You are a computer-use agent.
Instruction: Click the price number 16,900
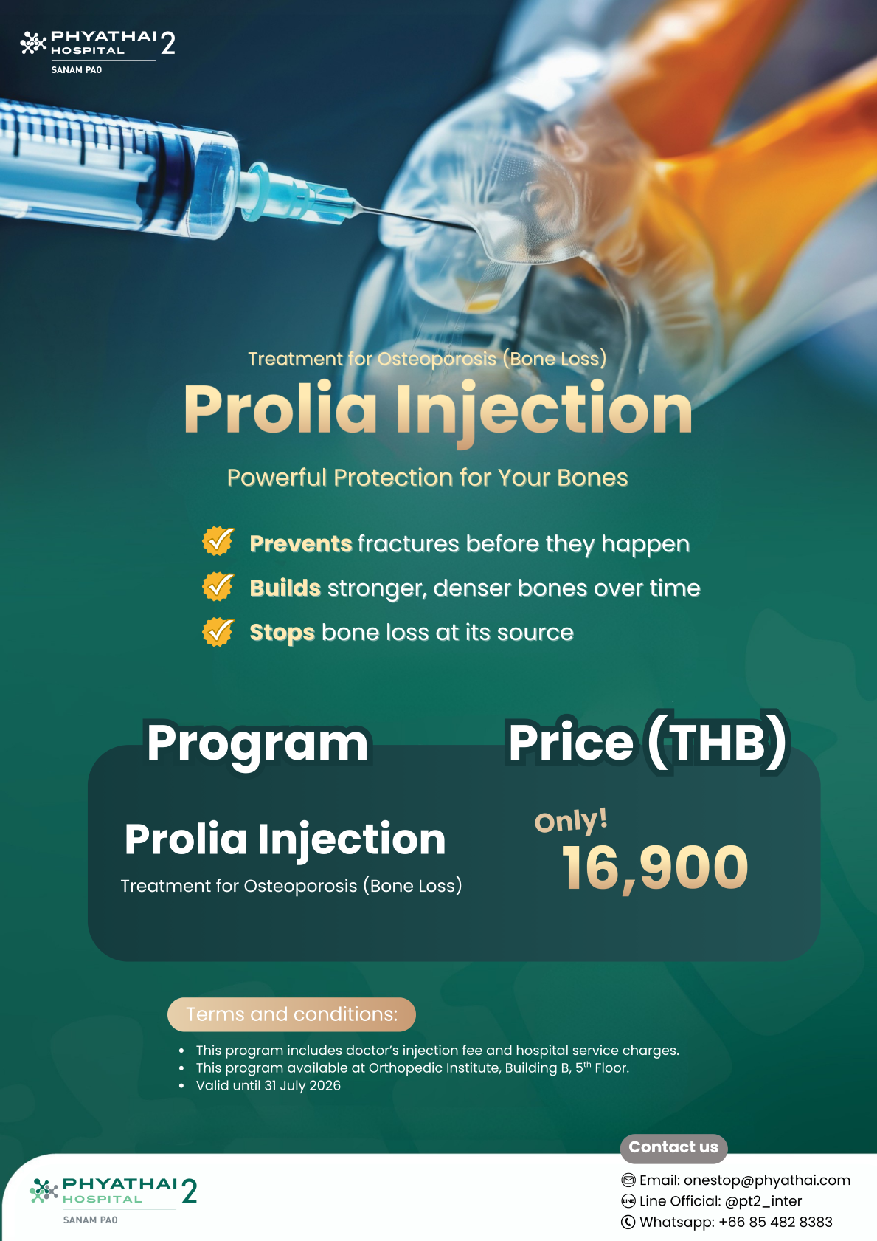(x=655, y=869)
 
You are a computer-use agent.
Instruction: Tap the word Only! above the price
(x=571, y=820)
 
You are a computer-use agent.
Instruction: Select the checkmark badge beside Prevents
(x=218, y=540)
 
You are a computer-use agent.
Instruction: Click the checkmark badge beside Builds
(x=218, y=586)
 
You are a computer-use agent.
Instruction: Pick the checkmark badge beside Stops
(x=218, y=632)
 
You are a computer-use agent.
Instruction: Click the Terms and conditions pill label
(x=292, y=1014)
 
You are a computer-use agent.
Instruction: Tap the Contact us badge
(x=673, y=1147)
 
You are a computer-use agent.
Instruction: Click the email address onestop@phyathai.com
(x=767, y=1180)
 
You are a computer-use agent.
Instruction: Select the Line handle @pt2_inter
(x=763, y=1201)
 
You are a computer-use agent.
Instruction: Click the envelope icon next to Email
(x=628, y=1180)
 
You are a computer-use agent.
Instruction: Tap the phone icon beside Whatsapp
(x=628, y=1222)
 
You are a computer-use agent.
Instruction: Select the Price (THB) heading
(x=647, y=743)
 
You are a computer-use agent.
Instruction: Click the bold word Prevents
(x=301, y=544)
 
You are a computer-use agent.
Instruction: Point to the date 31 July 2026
(x=302, y=1085)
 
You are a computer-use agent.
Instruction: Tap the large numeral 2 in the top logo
(x=168, y=44)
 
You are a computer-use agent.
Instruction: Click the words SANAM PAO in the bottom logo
(x=90, y=1220)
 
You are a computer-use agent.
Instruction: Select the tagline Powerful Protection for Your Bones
(x=427, y=478)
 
